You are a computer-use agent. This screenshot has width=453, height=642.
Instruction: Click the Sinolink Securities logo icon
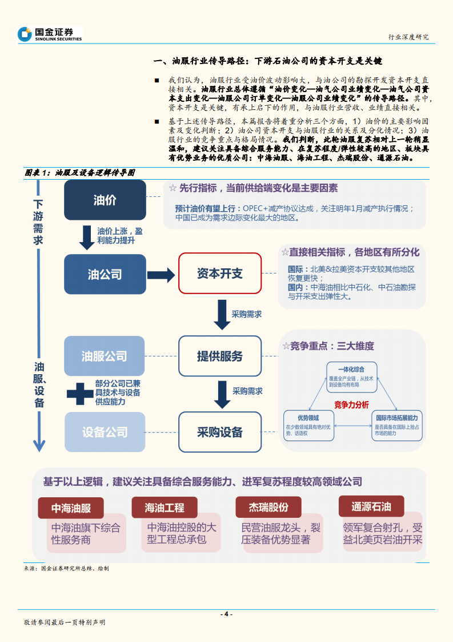coord(25,34)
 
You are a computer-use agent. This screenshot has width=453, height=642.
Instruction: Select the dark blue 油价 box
coord(105,200)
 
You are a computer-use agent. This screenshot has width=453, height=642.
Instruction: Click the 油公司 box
coord(105,275)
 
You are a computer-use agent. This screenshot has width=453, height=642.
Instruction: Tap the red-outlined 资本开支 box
coord(220,274)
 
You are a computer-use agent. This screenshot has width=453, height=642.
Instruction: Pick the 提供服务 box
coord(220,356)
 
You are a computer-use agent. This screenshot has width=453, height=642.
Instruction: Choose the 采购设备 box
coord(220,432)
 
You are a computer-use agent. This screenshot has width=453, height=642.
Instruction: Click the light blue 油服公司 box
coord(105,356)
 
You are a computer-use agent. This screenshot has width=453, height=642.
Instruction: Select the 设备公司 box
coord(105,432)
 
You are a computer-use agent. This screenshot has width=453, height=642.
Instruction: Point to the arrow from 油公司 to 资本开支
coord(161,275)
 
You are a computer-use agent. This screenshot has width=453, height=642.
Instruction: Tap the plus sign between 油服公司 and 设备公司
coord(79,393)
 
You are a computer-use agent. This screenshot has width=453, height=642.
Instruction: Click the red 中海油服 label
coord(71,508)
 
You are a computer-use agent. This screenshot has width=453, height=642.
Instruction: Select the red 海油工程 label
coord(165,508)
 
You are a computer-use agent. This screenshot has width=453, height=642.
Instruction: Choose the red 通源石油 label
coord(371,506)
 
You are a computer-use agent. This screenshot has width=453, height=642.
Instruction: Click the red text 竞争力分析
coord(351,405)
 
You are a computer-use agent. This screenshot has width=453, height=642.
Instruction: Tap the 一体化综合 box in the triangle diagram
coord(351,376)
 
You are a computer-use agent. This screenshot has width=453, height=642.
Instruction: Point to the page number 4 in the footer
coord(226,614)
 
